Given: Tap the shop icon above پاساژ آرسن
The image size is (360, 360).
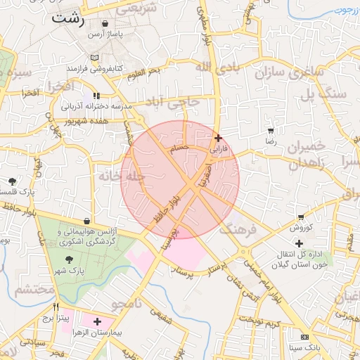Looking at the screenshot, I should (105, 23).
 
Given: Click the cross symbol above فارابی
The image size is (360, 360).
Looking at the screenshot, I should (218, 138).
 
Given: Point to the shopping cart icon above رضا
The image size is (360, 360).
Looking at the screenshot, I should (271, 131).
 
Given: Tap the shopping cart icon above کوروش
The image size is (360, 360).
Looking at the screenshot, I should (301, 217).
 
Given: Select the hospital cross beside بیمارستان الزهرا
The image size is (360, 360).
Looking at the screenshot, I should (97, 321).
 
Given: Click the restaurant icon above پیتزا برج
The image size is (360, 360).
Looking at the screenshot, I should (56, 307).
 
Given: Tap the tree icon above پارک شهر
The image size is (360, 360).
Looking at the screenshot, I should (67, 259).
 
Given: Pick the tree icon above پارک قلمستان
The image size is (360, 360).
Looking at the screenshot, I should (13, 181).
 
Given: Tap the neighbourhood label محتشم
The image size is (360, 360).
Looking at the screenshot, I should (34, 289).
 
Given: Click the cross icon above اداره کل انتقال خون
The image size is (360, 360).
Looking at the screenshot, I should (300, 243).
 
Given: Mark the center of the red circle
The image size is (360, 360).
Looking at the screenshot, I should (180, 180).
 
